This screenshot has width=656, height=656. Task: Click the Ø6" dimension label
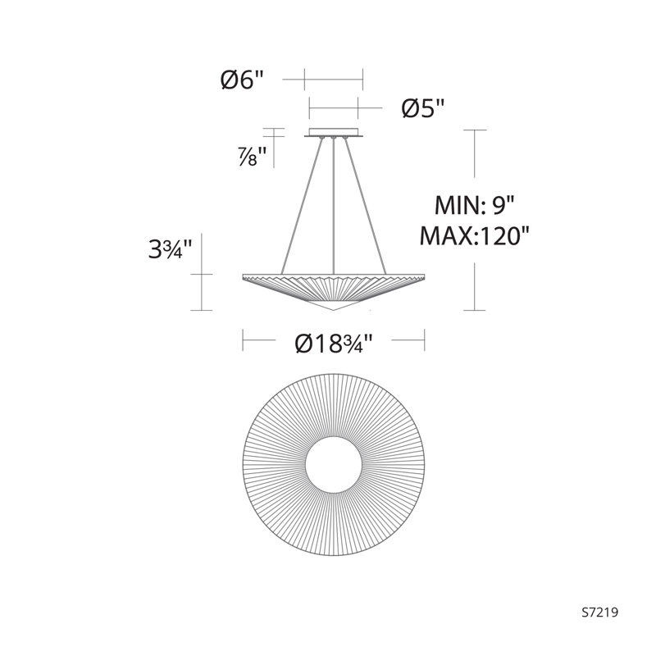click(243, 80)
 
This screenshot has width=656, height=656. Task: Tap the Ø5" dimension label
click(422, 108)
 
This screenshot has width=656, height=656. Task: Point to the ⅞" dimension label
click(253, 157)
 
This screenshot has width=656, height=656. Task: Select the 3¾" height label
click(171, 249)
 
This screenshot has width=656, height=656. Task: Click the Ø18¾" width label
click(334, 344)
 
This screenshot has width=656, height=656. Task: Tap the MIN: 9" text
click(475, 206)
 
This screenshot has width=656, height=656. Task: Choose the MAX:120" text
click(475, 236)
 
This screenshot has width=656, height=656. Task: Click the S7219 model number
click(600, 613)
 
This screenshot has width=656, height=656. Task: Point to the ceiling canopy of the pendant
click(334, 132)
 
